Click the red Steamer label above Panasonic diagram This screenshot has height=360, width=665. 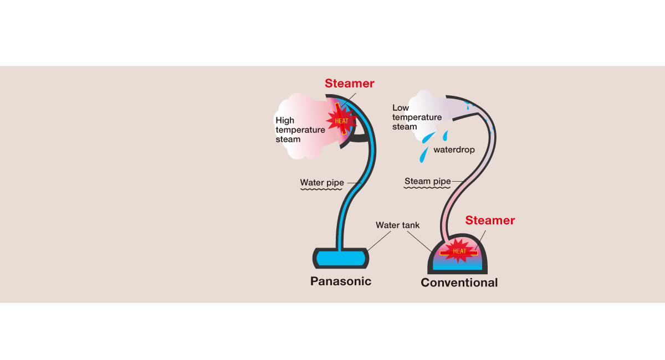(350, 84)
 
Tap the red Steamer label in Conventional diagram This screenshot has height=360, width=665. (490, 220)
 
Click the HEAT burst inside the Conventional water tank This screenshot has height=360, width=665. (459, 250)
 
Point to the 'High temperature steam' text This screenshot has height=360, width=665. (300, 130)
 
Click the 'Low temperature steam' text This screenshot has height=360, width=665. (417, 117)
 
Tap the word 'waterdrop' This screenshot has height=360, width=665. (454, 150)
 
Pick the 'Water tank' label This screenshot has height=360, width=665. (398, 225)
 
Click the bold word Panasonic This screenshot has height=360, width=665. (340, 281)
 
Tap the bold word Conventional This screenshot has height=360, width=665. (459, 282)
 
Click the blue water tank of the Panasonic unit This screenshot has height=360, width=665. (340, 258)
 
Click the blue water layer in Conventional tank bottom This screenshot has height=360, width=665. (459, 265)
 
